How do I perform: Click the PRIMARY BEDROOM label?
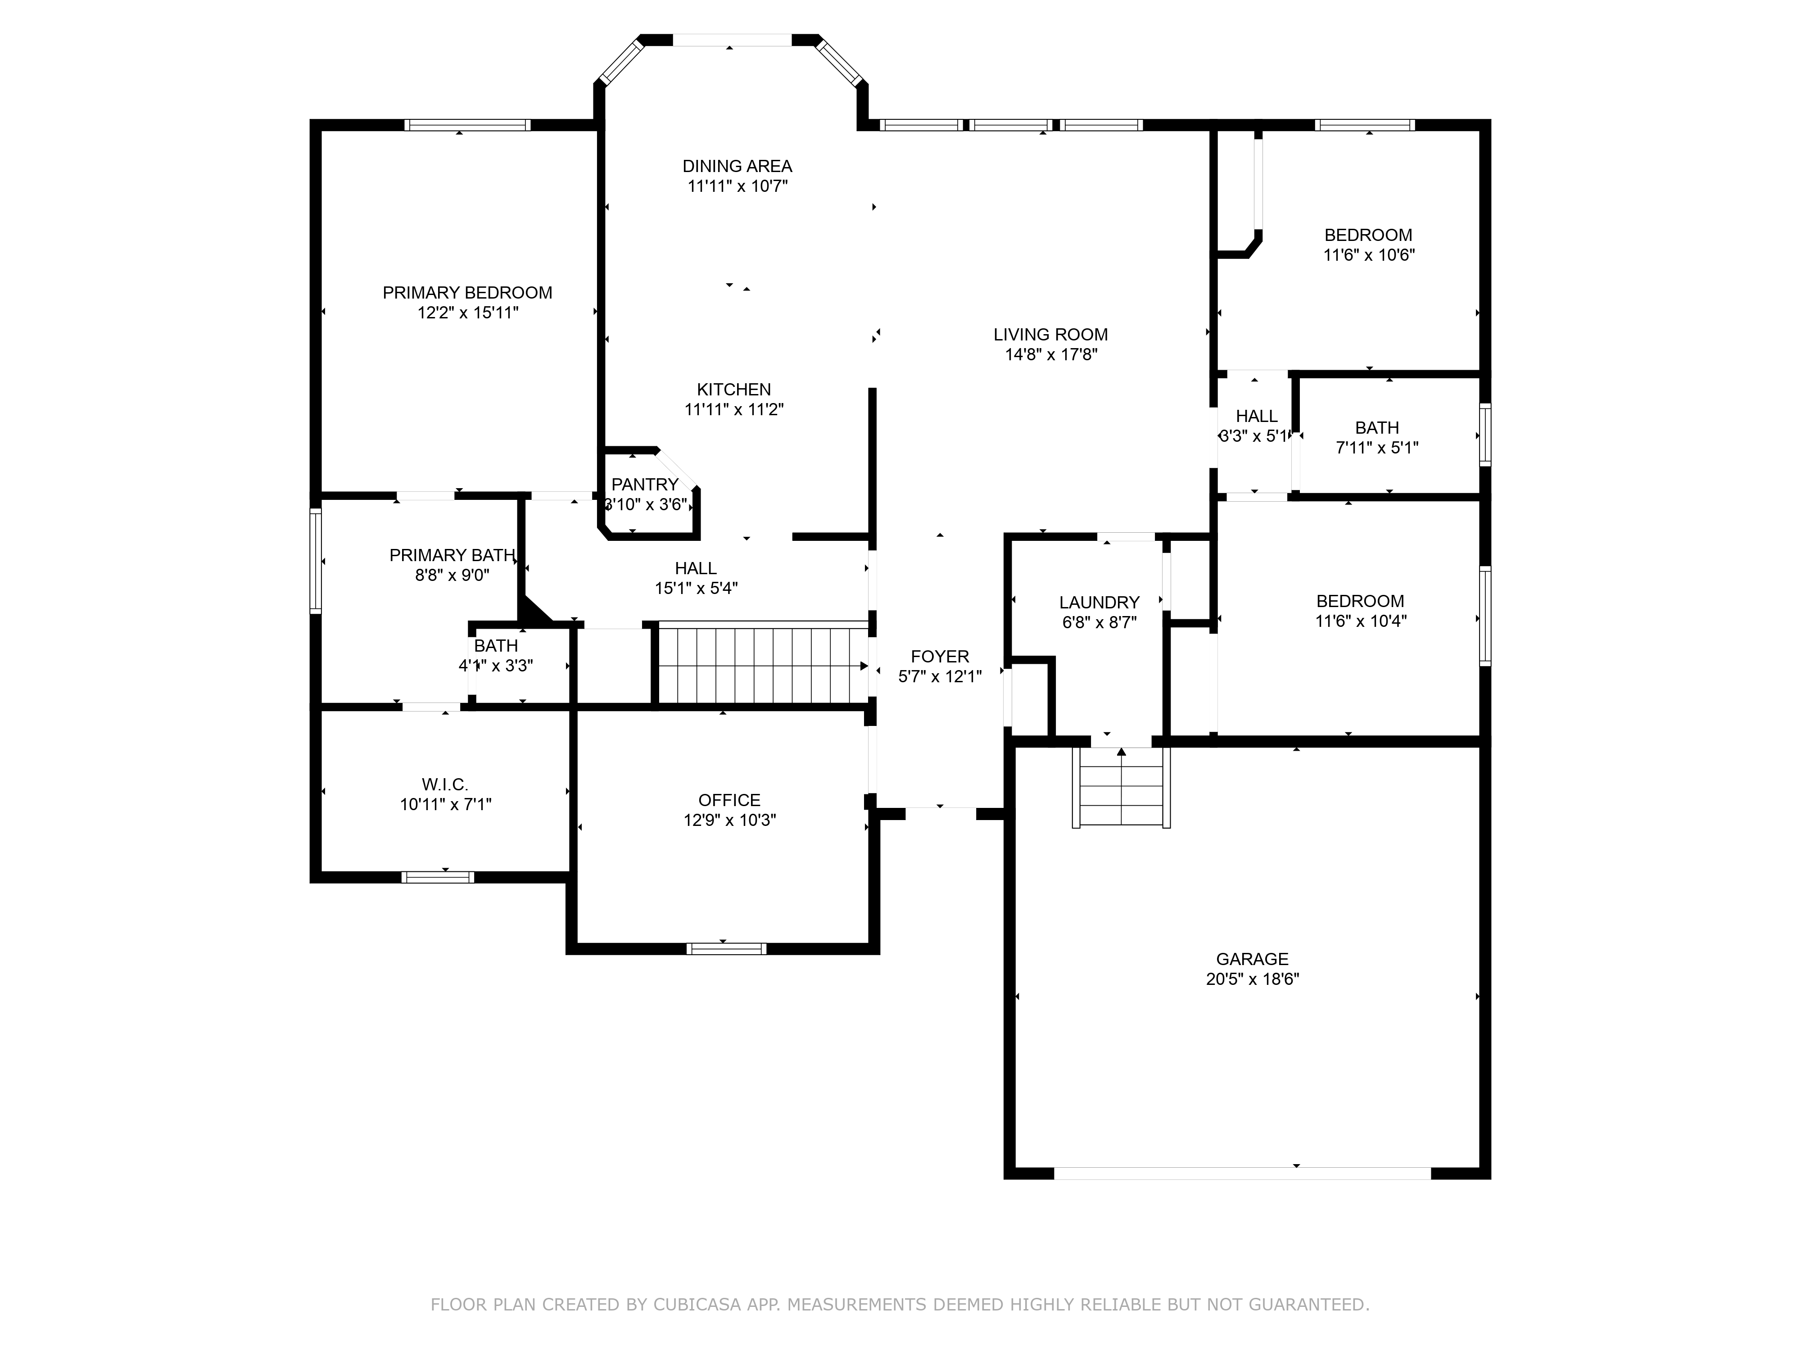point(467,292)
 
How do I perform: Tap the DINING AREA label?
point(737,166)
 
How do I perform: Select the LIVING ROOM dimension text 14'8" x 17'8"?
point(1051,354)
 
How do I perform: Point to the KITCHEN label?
point(733,389)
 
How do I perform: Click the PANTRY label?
point(645,485)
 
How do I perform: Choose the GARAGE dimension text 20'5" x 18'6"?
point(1252,979)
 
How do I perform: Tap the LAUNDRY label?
point(1099,603)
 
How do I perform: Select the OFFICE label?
point(729,801)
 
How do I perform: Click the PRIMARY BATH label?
point(452,555)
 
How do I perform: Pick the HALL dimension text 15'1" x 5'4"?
point(696,588)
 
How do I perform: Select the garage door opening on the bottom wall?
point(1242,1174)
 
